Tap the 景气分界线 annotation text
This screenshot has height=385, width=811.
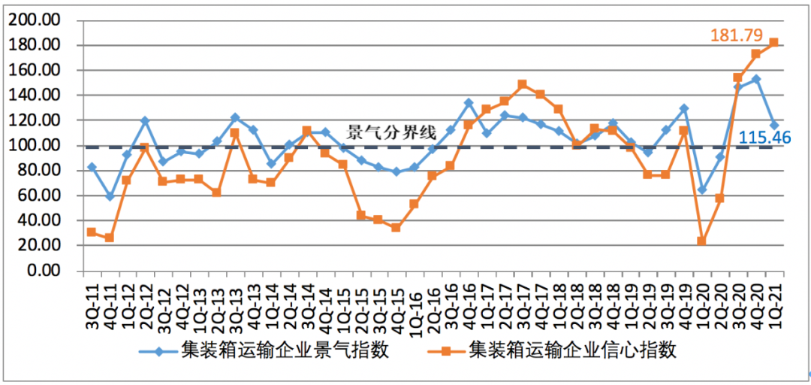[x=391, y=133]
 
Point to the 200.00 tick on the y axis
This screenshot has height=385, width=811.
[x=34, y=20]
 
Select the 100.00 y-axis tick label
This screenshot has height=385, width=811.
[x=34, y=145]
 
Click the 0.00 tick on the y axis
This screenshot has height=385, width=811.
[x=41, y=271]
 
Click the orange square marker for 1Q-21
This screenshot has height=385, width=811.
[x=773, y=42]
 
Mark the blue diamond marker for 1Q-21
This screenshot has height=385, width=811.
[x=773, y=126]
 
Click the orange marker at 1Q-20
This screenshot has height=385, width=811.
[x=702, y=241]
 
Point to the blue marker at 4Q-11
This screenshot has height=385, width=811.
[x=110, y=196]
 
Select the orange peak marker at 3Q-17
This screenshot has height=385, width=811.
[x=523, y=84]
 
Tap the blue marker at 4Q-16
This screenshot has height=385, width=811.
[x=469, y=103]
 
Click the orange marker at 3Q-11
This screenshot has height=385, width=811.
[x=92, y=232]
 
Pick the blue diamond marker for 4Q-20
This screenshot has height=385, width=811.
[x=755, y=79]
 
